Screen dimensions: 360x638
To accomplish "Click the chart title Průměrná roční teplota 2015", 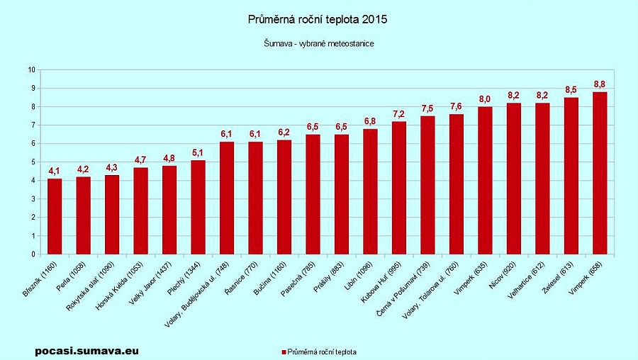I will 318,20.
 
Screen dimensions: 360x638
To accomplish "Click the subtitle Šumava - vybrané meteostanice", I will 318,44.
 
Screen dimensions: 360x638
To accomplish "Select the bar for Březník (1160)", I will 55,216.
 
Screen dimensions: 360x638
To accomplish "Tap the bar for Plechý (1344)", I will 198,207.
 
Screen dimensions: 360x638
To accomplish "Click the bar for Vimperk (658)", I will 600,173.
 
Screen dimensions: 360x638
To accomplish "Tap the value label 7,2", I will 399,115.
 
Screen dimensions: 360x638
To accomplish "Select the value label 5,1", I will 198,153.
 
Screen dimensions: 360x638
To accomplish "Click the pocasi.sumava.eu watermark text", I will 86,350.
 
